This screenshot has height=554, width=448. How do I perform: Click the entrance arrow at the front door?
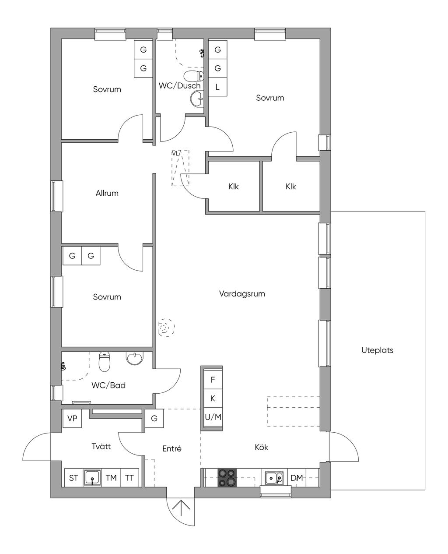[181, 508]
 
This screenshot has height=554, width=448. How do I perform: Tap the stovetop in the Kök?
[227, 477]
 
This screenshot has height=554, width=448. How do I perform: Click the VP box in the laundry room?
[72, 418]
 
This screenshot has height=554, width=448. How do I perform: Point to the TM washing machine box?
[111, 478]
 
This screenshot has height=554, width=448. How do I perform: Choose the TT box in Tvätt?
[129, 478]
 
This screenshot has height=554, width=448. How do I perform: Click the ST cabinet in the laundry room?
[73, 478]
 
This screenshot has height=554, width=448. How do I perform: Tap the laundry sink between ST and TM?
[92, 478]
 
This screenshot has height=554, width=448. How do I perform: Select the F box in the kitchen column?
[213, 380]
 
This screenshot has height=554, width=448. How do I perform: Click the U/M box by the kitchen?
[213, 417]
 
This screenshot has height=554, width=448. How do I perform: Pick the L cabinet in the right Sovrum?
[218, 87]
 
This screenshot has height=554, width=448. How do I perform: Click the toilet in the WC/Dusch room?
[194, 76]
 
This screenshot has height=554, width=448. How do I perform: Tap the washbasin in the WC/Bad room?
[135, 358]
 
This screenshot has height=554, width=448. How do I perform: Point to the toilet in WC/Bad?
[105, 362]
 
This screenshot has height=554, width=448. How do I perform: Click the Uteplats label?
[377, 350]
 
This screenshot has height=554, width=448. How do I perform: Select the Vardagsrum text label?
[242, 294]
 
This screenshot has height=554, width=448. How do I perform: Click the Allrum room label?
[107, 193]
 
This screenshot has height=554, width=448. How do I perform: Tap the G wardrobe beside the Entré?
[154, 418]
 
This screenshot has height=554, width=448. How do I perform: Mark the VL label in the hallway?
[175, 154]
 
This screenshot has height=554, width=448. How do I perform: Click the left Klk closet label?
[233, 187]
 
